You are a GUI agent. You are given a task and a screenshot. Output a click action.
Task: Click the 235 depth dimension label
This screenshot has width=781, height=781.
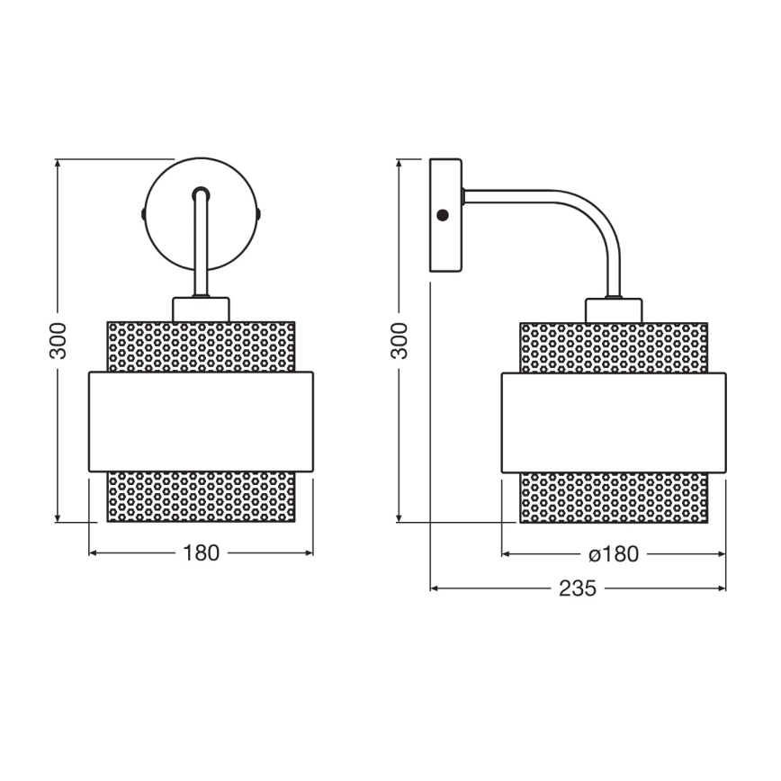578,588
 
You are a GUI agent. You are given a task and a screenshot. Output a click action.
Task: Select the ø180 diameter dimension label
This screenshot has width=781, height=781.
615,554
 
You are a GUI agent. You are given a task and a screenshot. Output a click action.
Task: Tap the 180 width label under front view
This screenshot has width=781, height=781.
201,553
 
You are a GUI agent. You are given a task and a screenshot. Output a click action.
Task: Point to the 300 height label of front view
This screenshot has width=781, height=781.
58,340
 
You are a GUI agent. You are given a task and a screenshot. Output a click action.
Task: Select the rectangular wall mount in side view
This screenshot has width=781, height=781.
445,216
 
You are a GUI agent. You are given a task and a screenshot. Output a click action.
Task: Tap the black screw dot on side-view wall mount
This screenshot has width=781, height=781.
442,215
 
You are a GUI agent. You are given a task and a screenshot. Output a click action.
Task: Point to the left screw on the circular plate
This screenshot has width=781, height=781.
143,214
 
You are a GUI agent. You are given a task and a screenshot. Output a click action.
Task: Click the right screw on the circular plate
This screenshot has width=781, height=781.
259,214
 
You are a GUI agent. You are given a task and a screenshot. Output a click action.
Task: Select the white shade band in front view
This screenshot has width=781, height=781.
201,421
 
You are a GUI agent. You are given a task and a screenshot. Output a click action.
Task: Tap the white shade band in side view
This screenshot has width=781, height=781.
614,421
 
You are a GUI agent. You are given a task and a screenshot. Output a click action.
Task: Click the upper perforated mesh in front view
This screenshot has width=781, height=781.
201,346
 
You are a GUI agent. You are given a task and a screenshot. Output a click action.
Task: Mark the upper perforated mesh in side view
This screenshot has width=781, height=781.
614,346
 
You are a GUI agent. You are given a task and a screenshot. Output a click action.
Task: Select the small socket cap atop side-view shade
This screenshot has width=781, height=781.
614,310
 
